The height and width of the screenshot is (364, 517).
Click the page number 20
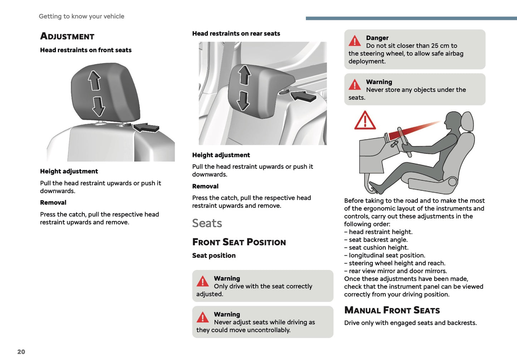click(x=21, y=351)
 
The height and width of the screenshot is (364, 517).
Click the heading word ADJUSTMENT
click(x=67, y=36)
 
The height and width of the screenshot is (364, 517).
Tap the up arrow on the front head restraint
click(x=94, y=80)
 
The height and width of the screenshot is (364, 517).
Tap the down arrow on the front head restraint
click(x=98, y=106)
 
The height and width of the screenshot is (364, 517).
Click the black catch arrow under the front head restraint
click(x=146, y=127)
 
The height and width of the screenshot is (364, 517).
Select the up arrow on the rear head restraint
click(x=245, y=75)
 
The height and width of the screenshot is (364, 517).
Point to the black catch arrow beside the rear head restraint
click(x=303, y=96)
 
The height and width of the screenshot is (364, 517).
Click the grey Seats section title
click(x=207, y=223)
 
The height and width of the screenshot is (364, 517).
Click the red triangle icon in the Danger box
click(x=355, y=41)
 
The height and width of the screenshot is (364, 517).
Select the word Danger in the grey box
click(x=377, y=38)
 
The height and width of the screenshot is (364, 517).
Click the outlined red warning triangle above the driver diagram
click(x=365, y=121)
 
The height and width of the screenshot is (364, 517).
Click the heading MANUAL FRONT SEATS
click(x=392, y=310)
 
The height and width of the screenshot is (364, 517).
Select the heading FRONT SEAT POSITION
click(x=239, y=242)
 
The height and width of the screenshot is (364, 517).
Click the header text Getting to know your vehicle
click(x=82, y=16)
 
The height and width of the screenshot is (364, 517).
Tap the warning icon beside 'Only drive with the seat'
click(x=203, y=281)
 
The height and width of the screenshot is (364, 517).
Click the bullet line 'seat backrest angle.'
click(x=378, y=240)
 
